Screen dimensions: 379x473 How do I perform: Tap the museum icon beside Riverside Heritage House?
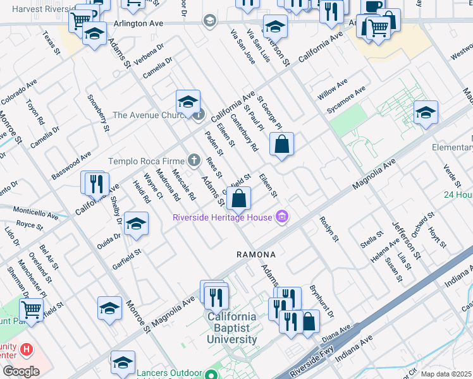click(282, 218)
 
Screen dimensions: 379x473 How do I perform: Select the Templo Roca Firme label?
click(147, 161)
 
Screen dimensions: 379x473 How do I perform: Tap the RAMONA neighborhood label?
click(256, 255)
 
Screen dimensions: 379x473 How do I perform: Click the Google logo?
click(20, 371)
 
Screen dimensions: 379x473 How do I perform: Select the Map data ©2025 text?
click(446, 374)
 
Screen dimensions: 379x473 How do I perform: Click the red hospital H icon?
click(26, 349)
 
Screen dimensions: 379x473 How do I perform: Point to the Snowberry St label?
click(99, 113)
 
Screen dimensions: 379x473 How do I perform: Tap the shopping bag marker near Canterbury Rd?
click(281, 144)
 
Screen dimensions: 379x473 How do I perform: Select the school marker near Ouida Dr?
click(135, 224)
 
